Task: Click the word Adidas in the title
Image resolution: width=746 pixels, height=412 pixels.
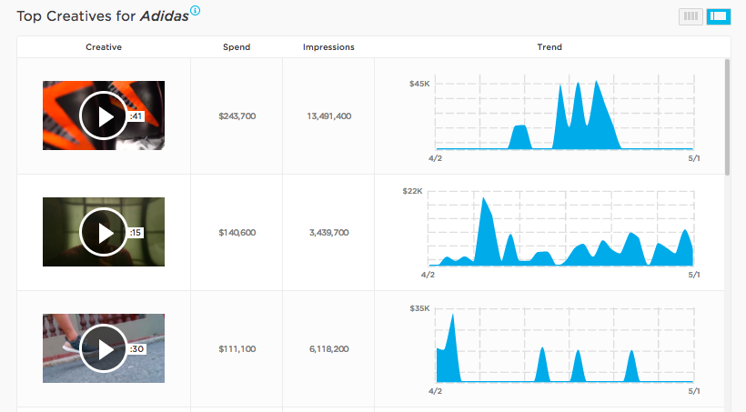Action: tap(165, 16)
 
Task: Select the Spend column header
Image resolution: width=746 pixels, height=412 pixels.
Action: tap(237, 47)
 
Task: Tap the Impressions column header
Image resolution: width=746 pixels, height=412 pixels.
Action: tap(328, 47)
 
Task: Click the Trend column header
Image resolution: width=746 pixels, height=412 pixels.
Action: tap(549, 47)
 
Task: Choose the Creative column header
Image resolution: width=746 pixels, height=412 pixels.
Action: tap(104, 47)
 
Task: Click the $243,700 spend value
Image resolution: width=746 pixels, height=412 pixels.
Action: tap(237, 116)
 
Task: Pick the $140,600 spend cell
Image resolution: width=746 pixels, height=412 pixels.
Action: tap(237, 233)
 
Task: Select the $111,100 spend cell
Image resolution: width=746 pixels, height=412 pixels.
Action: tap(237, 349)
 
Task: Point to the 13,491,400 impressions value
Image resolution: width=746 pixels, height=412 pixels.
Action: tap(328, 116)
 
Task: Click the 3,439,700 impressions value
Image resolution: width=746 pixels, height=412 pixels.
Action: tap(328, 233)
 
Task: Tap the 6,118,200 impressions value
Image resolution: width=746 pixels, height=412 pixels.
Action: tap(328, 349)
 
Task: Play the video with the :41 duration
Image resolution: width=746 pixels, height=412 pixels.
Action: tap(103, 116)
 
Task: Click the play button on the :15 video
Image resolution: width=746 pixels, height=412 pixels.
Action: tap(103, 232)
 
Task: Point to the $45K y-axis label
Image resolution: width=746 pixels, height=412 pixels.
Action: tap(419, 84)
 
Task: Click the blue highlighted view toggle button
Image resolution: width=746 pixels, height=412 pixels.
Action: tap(718, 15)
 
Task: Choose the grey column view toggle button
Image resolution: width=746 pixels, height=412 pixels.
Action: tap(691, 15)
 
